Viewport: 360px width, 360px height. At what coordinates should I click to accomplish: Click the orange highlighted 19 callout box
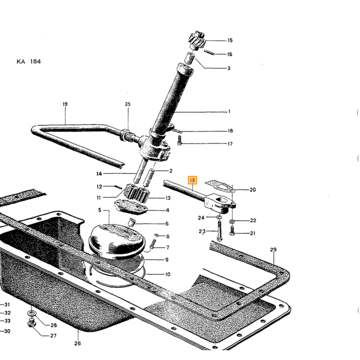tap(192, 180)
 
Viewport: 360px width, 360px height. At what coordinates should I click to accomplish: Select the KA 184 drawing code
tap(29, 62)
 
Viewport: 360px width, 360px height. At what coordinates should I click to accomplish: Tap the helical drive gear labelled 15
tap(197, 41)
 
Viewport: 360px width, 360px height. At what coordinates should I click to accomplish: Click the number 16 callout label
tap(229, 54)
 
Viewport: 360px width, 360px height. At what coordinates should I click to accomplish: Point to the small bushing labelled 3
tap(190, 58)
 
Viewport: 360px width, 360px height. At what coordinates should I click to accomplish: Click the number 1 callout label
tap(229, 112)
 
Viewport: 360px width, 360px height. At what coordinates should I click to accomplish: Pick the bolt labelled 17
tap(179, 140)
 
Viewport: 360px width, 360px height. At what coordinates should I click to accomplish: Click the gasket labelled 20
tap(220, 186)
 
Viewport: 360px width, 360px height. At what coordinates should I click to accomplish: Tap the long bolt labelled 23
tap(219, 231)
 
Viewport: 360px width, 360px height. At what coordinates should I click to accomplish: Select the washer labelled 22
tap(232, 221)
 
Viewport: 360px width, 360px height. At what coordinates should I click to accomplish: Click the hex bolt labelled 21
tap(232, 231)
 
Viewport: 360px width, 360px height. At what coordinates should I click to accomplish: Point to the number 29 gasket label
tap(273, 249)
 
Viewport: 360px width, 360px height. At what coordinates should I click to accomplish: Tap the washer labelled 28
tap(31, 313)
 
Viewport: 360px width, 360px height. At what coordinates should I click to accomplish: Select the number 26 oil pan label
tap(78, 343)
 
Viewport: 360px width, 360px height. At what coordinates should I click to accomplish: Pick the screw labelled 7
tap(153, 244)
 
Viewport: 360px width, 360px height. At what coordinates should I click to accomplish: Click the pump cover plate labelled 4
tap(131, 207)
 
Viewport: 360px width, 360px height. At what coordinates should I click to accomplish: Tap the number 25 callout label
tap(128, 104)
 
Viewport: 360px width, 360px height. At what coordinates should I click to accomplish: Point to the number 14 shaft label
tap(99, 174)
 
